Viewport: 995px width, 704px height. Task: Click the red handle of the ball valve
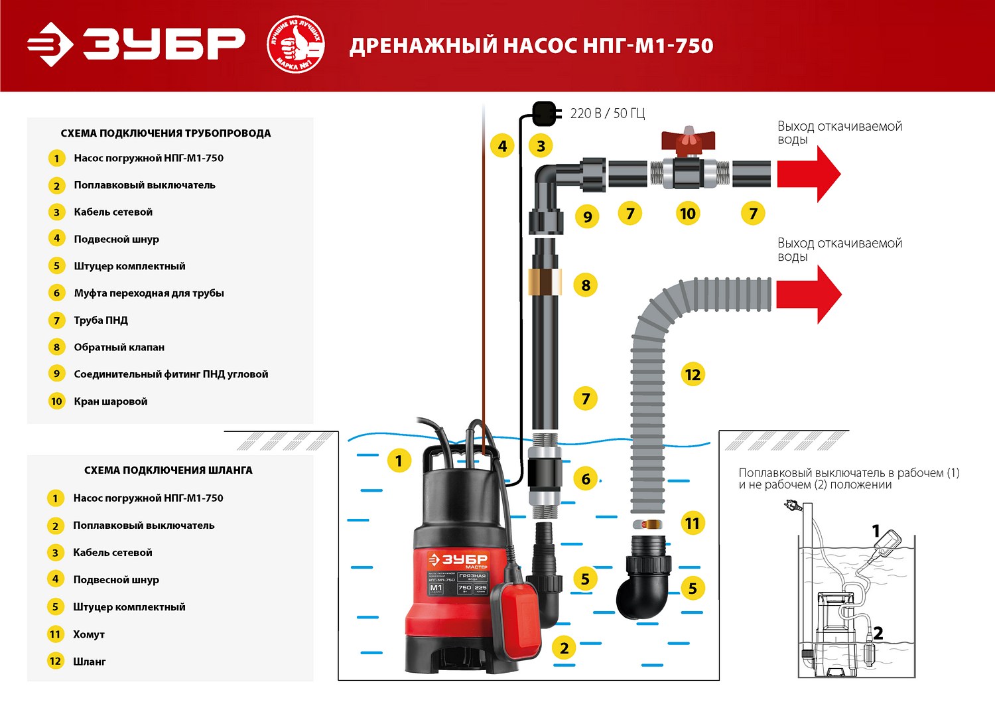(x=688, y=141)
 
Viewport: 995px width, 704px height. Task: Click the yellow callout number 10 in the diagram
(x=688, y=214)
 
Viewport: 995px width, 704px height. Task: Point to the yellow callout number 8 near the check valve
(x=586, y=285)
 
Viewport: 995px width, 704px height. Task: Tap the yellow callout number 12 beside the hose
(x=693, y=375)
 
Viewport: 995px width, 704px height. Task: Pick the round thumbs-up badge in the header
(x=295, y=45)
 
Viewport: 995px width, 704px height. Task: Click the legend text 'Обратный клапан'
(x=119, y=347)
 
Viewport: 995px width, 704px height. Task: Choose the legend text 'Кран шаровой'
(x=111, y=401)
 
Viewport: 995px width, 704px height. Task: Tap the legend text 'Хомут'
(x=89, y=634)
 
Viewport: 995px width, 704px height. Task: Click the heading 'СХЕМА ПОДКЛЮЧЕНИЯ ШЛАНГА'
(x=168, y=470)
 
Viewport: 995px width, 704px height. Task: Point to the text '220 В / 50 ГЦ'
(x=607, y=113)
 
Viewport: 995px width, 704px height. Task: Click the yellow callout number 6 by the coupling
(x=586, y=479)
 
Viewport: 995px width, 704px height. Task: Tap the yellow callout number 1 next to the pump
(x=399, y=460)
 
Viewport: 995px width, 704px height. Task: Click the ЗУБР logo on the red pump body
(x=458, y=559)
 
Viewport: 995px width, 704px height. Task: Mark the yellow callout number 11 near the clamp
(x=692, y=524)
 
